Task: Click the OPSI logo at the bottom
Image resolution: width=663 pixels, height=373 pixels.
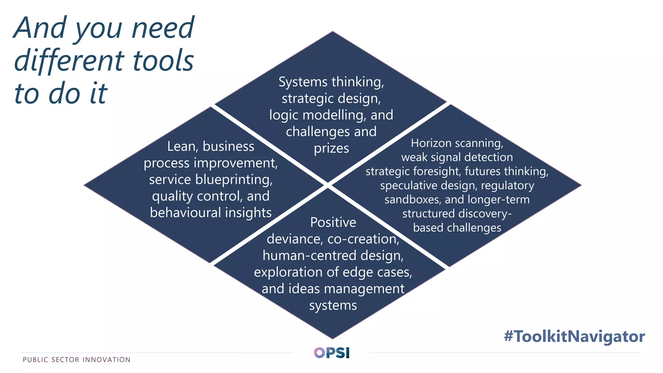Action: pyautogui.click(x=331, y=353)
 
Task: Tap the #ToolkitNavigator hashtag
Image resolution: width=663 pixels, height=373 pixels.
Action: pyautogui.click(x=574, y=336)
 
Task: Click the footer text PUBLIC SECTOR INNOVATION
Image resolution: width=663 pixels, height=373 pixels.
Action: pyautogui.click(x=77, y=360)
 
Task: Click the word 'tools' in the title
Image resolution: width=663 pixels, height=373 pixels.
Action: pyautogui.click(x=163, y=61)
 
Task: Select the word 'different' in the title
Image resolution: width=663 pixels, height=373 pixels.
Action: pyautogui.click(x=69, y=61)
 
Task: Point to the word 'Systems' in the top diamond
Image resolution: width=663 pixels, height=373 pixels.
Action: pyautogui.click(x=303, y=82)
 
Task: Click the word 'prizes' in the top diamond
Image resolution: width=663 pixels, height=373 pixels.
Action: pyautogui.click(x=331, y=148)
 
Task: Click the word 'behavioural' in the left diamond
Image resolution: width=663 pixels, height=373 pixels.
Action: pyautogui.click(x=185, y=213)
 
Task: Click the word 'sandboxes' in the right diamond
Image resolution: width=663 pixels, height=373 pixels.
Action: pyautogui.click(x=412, y=199)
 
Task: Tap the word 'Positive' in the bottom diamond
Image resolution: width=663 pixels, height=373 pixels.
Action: pyautogui.click(x=333, y=222)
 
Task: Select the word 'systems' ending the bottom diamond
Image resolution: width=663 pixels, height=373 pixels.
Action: pyautogui.click(x=333, y=305)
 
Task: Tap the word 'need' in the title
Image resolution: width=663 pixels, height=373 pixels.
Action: pyautogui.click(x=163, y=28)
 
